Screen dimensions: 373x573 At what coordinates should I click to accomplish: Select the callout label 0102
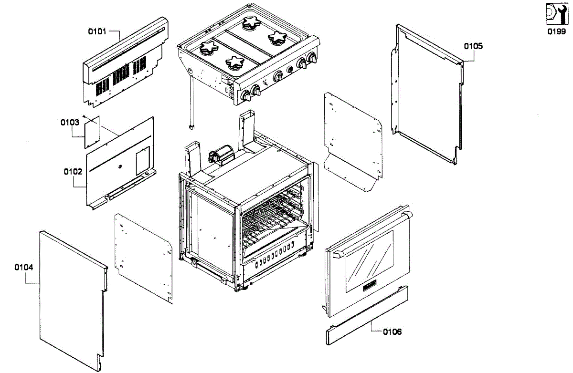[73, 171]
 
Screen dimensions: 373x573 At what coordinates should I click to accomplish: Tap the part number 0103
[70, 122]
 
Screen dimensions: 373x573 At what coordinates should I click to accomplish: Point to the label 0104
[24, 268]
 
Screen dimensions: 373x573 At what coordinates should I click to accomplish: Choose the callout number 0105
[473, 46]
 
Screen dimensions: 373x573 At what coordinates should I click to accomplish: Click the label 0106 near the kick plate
[392, 332]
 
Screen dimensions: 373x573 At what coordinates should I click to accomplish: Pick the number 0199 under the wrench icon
[556, 31]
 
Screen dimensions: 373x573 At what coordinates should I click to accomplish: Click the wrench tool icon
[556, 14]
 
